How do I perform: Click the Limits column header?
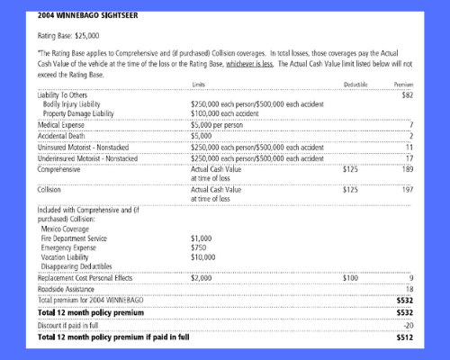click(202, 84)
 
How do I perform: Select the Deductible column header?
click(356, 84)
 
